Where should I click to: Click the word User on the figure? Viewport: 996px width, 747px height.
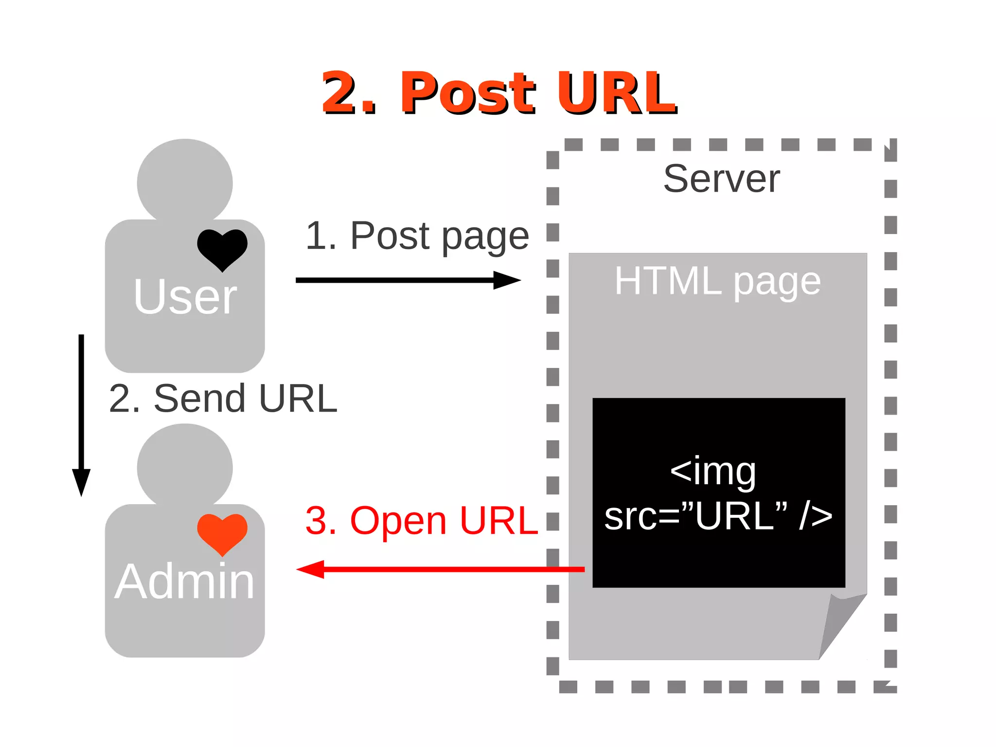click(x=185, y=297)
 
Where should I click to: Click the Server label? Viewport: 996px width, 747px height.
click(x=721, y=179)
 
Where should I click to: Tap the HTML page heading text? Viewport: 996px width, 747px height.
click(x=717, y=281)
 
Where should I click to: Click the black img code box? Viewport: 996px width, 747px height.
click(x=718, y=560)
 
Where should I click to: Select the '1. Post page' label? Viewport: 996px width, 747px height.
click(x=417, y=236)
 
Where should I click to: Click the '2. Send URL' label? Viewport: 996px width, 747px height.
click(x=223, y=399)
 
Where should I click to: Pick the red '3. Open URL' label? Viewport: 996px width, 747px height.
click(x=421, y=521)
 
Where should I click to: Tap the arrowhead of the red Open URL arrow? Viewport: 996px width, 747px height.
click(x=310, y=569)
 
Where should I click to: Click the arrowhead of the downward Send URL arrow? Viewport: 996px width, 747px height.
click(x=81, y=482)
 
